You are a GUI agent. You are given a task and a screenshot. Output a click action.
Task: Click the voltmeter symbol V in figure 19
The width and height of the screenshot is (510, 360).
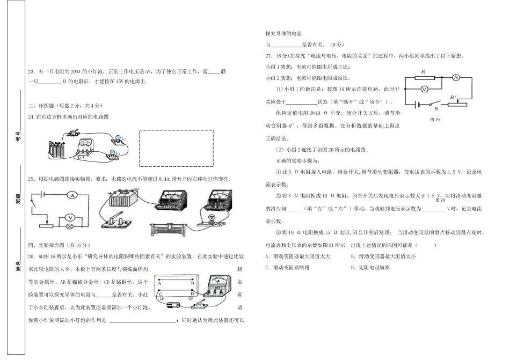tap(424, 89)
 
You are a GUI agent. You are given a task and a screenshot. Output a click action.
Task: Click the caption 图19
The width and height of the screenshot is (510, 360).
tap(435, 120)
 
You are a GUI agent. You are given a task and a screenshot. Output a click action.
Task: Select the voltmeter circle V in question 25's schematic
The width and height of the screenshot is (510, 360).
tap(69, 217)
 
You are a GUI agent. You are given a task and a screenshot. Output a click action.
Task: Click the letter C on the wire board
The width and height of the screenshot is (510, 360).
tap(160, 295)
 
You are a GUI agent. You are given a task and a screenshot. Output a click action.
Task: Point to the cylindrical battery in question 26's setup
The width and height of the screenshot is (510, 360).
tap(173, 305)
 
